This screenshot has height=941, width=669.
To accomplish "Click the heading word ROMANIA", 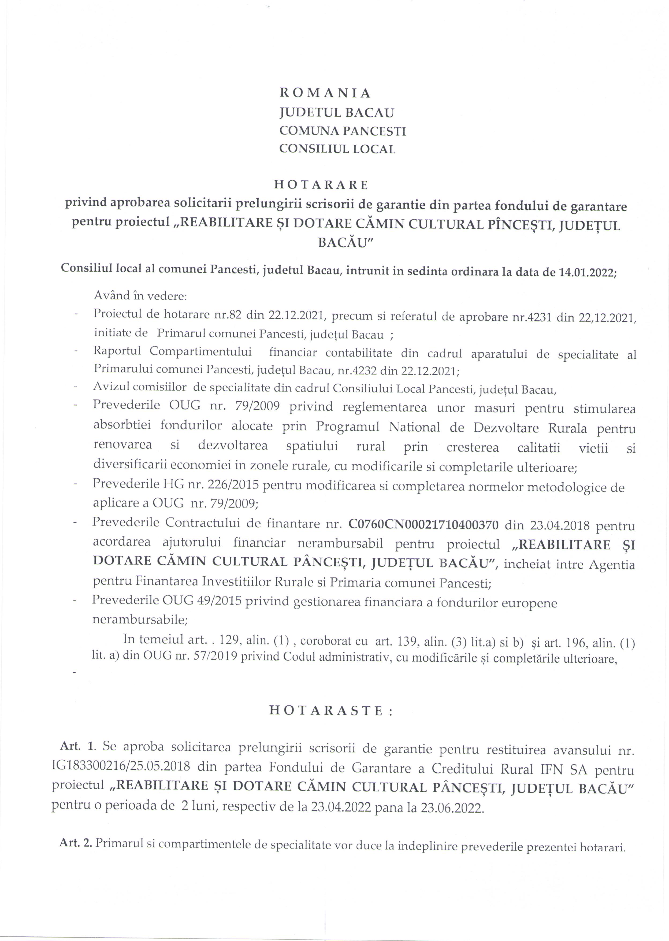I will (x=325, y=93).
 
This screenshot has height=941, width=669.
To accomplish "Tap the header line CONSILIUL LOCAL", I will (x=337, y=149).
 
